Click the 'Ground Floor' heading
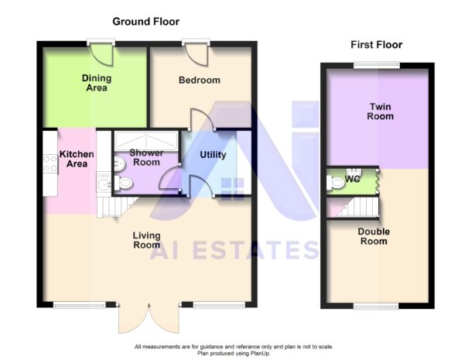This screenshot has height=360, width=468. [146, 22]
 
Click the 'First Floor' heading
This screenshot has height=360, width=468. [376, 45]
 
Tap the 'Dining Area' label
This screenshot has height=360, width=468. [97, 83]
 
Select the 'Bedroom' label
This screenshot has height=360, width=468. [200, 80]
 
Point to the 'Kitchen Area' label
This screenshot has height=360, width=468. [77, 159]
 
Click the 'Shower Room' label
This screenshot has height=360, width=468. [146, 157]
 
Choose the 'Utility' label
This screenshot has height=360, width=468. [213, 155]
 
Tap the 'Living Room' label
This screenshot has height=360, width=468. [146, 240]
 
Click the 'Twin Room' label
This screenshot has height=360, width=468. [380, 111]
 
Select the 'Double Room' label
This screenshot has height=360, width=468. [373, 236]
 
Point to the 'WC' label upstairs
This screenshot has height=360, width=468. [353, 179]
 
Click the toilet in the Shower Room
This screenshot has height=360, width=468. [125, 183]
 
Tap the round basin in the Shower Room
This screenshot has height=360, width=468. [119, 163]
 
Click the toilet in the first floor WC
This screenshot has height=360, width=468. [335, 183]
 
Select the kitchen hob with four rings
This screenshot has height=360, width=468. [50, 163]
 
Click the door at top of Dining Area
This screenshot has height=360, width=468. [101, 53]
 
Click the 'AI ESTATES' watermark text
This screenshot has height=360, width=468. [234, 250]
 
